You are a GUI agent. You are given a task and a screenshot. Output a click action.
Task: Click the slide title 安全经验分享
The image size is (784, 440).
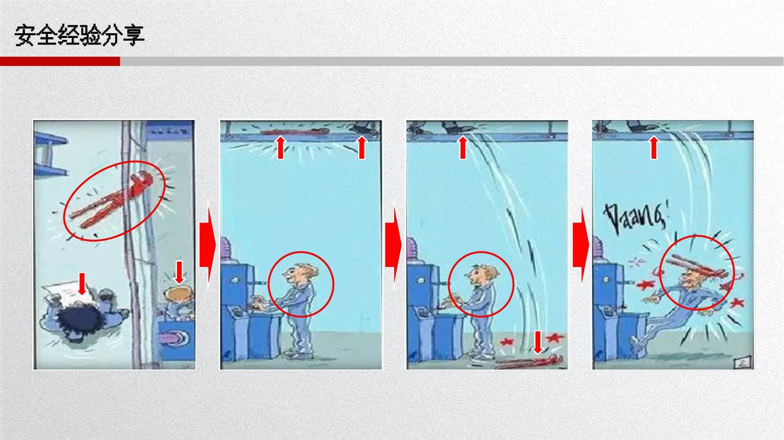pos(80,35)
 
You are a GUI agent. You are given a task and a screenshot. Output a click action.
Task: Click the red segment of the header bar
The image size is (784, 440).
pos(60,61)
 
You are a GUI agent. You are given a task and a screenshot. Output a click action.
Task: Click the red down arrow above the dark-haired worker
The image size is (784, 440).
pos(82,284)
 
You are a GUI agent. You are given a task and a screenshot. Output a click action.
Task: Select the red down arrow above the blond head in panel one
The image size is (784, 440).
pos(179,272)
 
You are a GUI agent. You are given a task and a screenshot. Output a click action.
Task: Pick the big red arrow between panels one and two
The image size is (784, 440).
pos(208,245)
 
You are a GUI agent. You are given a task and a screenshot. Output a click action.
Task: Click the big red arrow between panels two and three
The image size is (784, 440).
pos(393,245)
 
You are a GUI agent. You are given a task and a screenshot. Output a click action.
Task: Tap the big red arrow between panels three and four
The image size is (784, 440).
pos(581,245)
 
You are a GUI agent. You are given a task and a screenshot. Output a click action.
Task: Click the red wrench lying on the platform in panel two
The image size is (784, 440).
pos(295,131)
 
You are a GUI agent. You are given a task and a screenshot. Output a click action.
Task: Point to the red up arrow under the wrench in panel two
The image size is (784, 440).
pos(280,148)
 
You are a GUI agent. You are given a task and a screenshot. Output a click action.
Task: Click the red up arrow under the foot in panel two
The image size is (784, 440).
pos(361,148)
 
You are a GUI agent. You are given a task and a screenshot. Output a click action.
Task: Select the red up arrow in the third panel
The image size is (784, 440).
pos(463,148)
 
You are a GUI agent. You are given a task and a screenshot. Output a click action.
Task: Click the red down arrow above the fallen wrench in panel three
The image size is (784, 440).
pos(537,342)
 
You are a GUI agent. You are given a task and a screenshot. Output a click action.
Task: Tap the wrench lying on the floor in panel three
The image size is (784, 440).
pos(529,362)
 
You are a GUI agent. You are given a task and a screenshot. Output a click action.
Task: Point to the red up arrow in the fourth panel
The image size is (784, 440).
pos(654,148)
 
